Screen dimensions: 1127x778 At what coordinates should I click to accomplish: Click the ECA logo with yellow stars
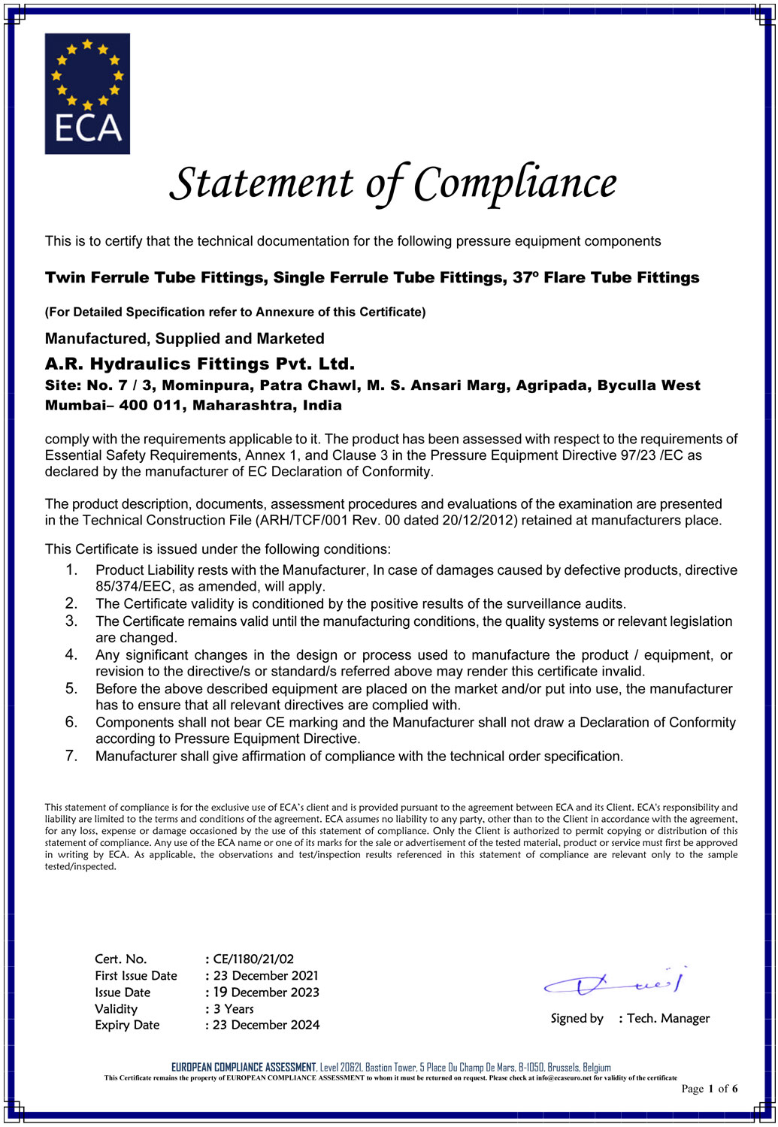(87, 93)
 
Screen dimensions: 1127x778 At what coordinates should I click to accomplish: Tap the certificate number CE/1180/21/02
(253, 959)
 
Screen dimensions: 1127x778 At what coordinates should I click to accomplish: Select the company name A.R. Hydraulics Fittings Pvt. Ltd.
(199, 364)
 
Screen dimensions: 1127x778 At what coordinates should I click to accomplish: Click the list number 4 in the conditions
(71, 654)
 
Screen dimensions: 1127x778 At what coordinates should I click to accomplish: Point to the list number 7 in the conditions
(71, 755)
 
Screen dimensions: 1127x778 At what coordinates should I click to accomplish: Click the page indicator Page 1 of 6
(709, 1089)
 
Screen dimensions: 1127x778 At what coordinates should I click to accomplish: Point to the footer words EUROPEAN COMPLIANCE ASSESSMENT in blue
(244, 1067)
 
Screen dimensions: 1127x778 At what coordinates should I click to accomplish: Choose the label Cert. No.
(120, 959)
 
